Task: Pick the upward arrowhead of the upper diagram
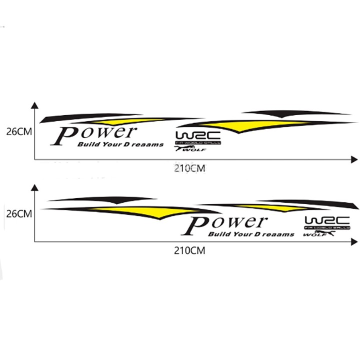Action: (x=34, y=105)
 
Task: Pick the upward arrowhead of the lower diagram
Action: (x=34, y=187)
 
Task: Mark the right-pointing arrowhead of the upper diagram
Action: (x=354, y=159)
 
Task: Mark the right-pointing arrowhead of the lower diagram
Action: (x=354, y=241)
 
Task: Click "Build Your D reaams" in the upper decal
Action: (x=120, y=145)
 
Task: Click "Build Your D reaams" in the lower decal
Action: (x=250, y=234)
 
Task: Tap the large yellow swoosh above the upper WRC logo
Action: (x=245, y=125)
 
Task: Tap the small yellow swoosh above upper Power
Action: (x=120, y=121)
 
